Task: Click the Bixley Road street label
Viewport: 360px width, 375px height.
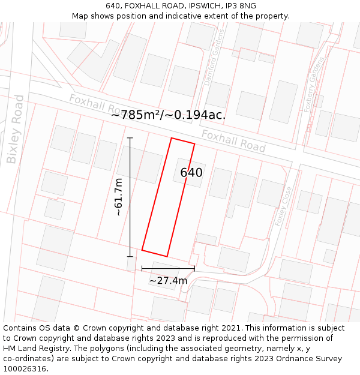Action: [16, 129]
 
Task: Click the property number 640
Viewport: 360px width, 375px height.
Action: [191, 173]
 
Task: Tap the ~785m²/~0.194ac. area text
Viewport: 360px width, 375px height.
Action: [168, 115]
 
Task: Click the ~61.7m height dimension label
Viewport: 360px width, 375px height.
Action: [118, 197]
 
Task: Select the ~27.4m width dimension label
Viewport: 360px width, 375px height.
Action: [168, 280]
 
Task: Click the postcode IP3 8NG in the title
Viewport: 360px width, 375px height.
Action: [242, 6]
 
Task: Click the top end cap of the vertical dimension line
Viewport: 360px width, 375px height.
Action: [130, 138]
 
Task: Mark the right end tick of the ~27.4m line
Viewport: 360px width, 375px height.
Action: [194, 268]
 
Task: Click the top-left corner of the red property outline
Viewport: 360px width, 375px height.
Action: [172, 138]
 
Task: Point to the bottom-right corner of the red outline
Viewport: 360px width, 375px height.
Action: [167, 256]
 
